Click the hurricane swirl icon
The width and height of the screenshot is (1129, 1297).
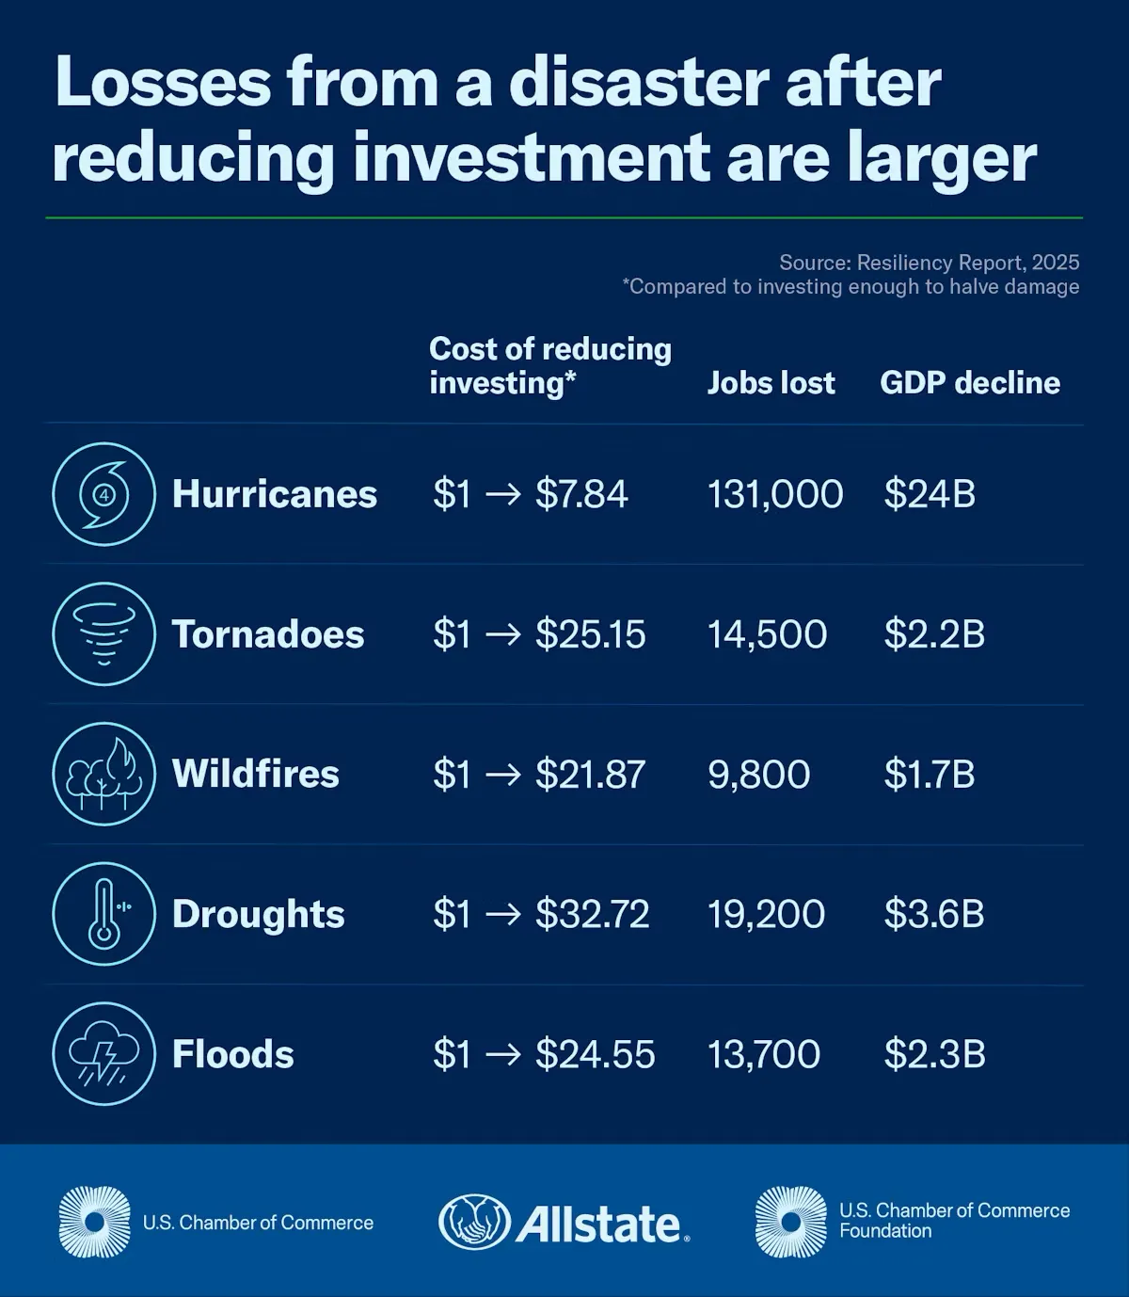point(103,494)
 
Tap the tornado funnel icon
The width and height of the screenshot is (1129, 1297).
point(103,633)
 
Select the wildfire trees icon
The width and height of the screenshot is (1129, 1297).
point(103,774)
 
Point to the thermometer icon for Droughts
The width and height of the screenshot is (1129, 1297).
point(103,914)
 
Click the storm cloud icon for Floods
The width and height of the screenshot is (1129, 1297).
point(103,1053)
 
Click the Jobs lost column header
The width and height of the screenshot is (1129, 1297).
point(771,383)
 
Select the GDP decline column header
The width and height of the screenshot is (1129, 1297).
point(969,383)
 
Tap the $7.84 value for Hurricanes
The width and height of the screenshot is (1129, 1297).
point(581,494)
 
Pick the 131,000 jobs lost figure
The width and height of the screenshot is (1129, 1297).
point(775,494)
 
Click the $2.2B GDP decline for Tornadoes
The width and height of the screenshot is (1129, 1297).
point(934,634)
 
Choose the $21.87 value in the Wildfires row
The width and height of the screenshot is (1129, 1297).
point(590,775)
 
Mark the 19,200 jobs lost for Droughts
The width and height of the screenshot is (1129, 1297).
point(766,914)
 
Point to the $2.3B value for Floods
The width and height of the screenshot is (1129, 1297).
point(934,1054)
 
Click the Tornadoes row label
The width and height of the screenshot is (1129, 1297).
point(268,634)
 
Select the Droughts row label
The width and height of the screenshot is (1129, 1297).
point(259,914)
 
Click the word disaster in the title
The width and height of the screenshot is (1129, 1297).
point(639,83)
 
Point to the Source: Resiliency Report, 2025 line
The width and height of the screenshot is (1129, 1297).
point(929,263)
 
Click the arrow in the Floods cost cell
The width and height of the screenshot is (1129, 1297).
point(502,1054)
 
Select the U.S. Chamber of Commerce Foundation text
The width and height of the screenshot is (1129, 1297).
point(954,1221)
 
